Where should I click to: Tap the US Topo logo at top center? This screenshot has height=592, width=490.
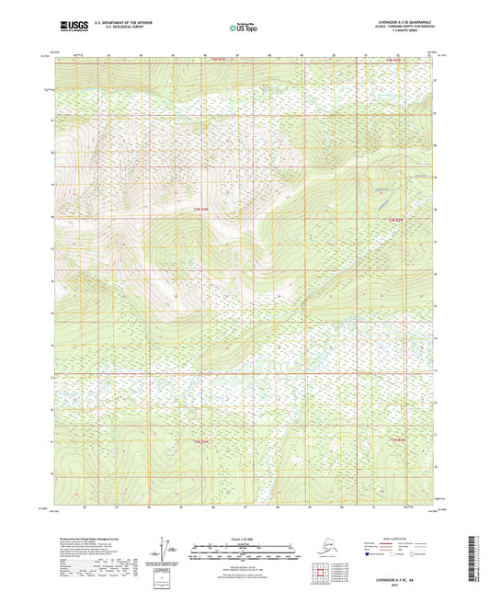[x=245, y=28]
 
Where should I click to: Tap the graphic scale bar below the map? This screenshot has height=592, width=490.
[x=245, y=554]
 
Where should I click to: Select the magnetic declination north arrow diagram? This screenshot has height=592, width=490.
[x=163, y=554]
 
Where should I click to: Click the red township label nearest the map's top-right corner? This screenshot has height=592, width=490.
[x=393, y=61]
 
